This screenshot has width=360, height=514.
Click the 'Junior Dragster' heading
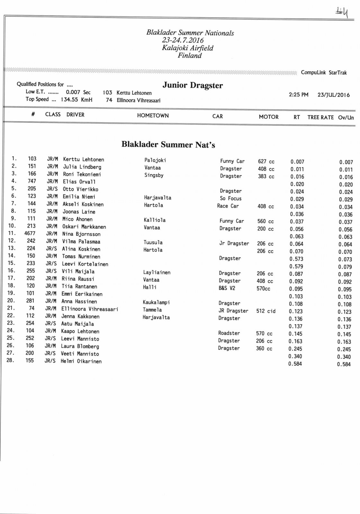[x=193, y=85]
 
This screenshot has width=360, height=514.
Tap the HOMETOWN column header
[x=153, y=116]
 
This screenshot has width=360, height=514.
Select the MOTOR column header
[x=269, y=117]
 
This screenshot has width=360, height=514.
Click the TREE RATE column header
[x=320, y=117]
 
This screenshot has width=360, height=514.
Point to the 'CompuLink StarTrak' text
[x=324, y=73]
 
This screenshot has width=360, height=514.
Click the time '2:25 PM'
[x=298, y=94]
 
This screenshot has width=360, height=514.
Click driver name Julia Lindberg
[x=82, y=167]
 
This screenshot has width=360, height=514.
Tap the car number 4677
[x=30, y=234]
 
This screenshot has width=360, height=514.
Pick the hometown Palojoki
[x=155, y=160]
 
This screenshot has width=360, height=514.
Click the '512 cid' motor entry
[x=265, y=311]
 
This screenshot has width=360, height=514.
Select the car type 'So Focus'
[x=230, y=199]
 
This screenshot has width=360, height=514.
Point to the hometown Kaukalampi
[x=156, y=302]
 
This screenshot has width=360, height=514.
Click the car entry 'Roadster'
[x=229, y=333]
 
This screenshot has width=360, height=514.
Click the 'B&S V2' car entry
[x=227, y=288]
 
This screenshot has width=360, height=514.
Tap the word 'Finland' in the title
[x=190, y=56]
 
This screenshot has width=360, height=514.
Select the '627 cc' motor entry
[x=266, y=162]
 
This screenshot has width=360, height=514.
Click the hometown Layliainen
[x=157, y=272]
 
